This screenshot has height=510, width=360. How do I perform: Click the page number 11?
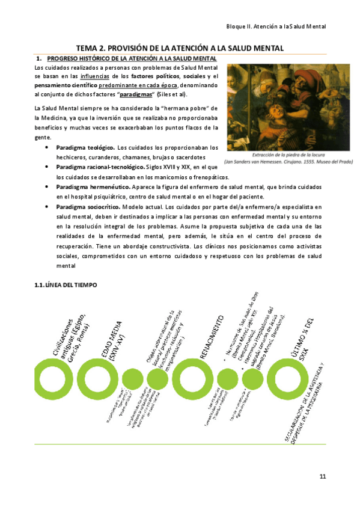323,477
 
